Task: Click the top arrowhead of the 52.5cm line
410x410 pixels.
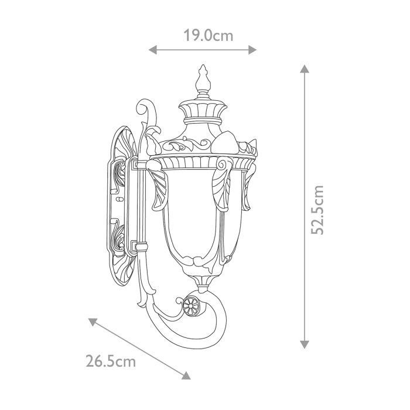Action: click(x=305, y=69)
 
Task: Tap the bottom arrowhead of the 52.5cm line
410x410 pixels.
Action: click(x=305, y=345)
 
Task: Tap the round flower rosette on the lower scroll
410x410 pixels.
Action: click(x=191, y=305)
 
